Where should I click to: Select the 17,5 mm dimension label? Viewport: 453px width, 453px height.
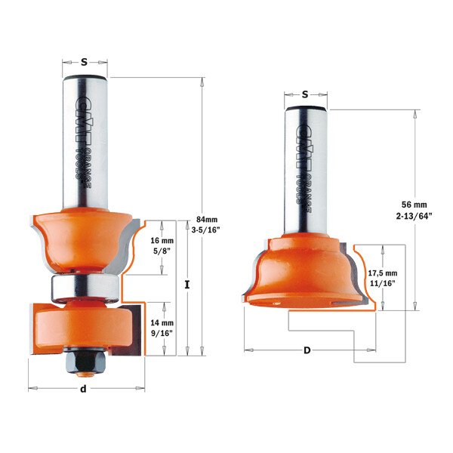coord(381,273)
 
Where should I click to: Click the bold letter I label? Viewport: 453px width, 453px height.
coord(185,285)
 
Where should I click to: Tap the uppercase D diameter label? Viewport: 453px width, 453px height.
coord(307,350)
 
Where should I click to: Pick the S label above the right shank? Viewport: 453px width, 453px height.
coord(305,94)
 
